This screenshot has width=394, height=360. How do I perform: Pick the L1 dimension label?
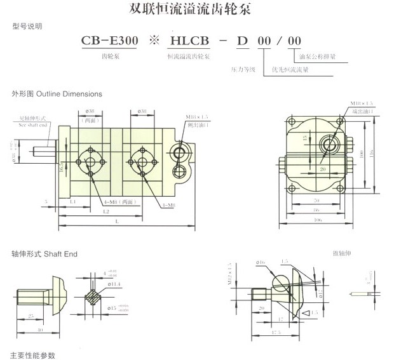73,201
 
